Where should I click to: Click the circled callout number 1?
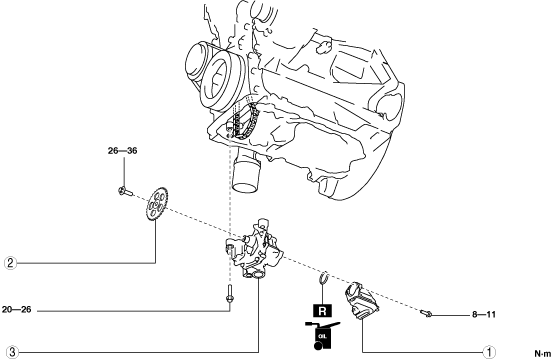(x=489, y=352)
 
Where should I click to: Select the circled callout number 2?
(x=10, y=263)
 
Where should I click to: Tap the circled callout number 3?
(x=12, y=352)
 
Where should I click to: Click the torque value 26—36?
(x=122, y=151)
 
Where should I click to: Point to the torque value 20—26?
(x=17, y=310)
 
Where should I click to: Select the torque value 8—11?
(x=484, y=314)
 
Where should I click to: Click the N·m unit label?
(x=543, y=354)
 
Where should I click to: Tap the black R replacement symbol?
(x=322, y=311)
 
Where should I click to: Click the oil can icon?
(x=322, y=335)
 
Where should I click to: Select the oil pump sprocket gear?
(x=157, y=203)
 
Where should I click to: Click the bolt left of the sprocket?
(x=125, y=192)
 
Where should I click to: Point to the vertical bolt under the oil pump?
(x=230, y=294)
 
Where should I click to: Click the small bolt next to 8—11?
(x=426, y=314)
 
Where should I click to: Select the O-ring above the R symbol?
(x=323, y=278)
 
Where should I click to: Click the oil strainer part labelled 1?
(x=362, y=300)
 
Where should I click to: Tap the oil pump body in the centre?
(x=254, y=248)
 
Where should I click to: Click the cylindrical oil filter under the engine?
(x=246, y=174)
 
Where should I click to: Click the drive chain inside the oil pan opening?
(x=246, y=121)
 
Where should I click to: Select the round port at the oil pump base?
(x=257, y=275)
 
